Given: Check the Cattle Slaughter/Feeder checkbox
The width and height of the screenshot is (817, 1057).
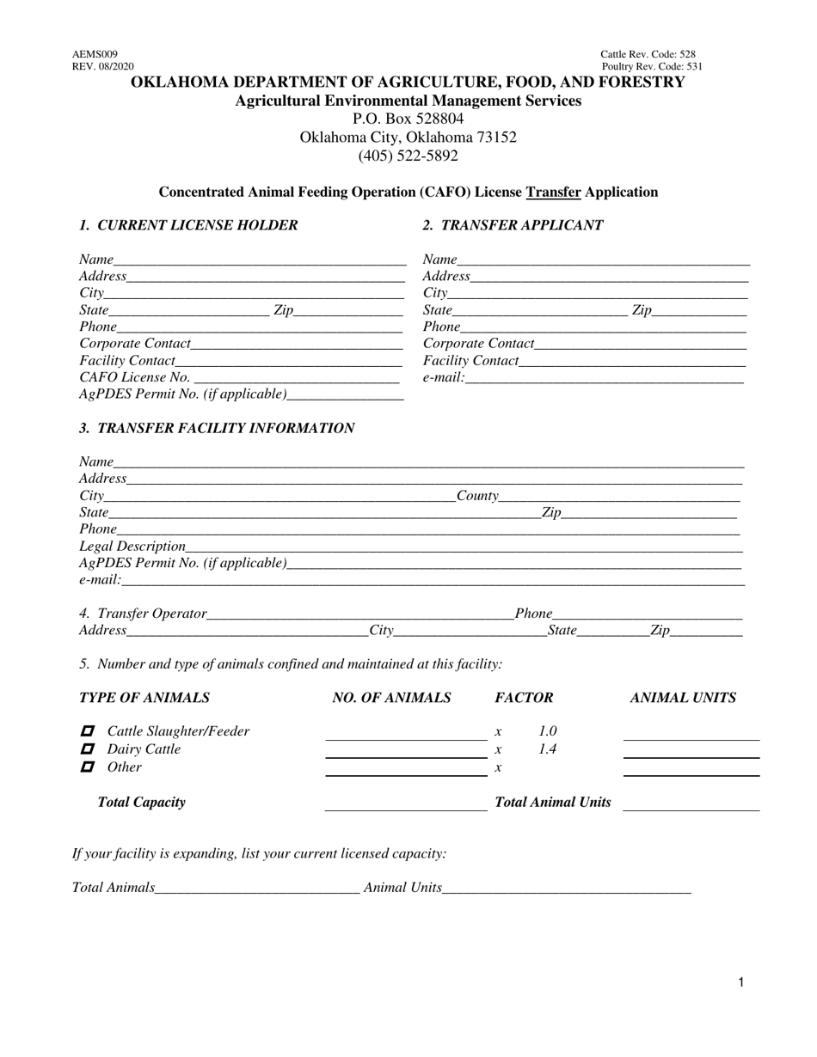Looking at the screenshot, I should point(87,731).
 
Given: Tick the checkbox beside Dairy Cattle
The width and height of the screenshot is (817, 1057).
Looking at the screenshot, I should point(87,749).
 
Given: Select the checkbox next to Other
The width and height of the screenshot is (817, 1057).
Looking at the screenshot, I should point(87,767).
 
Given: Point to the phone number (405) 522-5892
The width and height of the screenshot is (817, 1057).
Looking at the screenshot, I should point(408,156).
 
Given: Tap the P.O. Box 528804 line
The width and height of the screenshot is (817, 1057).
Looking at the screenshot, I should point(408,119).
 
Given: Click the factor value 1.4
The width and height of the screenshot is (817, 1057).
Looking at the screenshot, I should point(547,749).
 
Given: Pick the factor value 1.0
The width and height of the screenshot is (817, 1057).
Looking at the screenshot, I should point(547,731).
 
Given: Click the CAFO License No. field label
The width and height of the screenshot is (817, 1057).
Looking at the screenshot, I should point(134,376).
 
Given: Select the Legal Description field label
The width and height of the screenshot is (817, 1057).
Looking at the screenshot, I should point(132,546).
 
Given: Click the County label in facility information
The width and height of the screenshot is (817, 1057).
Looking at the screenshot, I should point(477,496).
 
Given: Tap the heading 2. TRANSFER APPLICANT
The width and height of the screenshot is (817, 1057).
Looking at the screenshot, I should point(513,225).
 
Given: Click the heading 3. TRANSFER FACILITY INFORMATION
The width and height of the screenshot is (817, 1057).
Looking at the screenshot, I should point(217,428).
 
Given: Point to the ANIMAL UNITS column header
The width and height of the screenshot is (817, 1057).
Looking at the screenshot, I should point(683,698).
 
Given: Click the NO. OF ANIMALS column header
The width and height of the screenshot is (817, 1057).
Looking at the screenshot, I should point(391,698).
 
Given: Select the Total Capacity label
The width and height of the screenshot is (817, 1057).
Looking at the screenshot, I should point(142,802).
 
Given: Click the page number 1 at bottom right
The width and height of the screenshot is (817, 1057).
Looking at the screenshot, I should point(740,982).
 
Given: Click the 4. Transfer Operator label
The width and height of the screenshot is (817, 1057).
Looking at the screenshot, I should point(144,614).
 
